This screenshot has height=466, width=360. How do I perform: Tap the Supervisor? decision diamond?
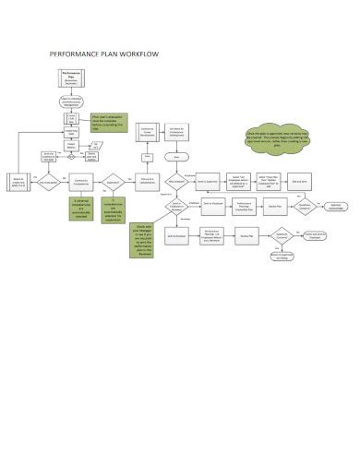coord(112,183)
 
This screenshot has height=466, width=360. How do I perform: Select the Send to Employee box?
coord(206,210)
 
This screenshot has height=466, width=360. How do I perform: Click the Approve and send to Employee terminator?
coord(311,235)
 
